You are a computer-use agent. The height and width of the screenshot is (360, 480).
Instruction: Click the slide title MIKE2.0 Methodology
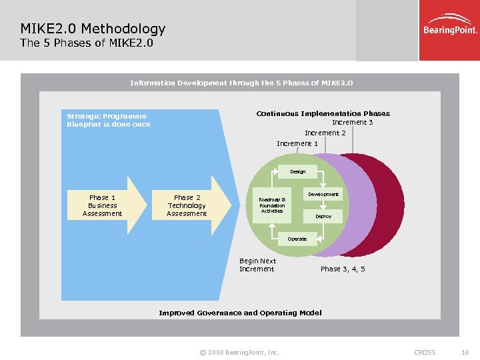point(93,29)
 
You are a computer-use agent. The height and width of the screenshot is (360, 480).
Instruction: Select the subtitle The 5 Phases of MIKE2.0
point(87,43)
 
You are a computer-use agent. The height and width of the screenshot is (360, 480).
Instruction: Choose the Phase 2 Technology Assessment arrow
point(189,206)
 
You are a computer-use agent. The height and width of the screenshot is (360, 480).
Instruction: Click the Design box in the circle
point(297,172)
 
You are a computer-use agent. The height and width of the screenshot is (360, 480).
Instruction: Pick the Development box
point(323,194)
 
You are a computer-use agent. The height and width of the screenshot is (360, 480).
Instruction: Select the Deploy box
point(323,217)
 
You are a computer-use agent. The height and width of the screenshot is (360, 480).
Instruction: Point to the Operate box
point(297,239)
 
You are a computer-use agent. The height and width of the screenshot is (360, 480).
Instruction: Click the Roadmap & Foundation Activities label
point(272,205)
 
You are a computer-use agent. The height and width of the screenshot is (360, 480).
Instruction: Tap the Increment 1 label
point(297,143)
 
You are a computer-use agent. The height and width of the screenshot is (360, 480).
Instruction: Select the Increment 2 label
point(325,133)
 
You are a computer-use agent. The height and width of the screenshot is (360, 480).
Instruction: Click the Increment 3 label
point(352,122)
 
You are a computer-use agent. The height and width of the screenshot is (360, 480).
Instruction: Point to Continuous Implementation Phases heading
point(323,113)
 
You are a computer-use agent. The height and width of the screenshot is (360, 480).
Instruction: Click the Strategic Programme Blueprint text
point(109,120)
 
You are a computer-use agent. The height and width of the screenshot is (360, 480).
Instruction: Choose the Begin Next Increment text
point(257,265)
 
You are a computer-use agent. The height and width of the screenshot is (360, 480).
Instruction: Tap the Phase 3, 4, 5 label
point(343,269)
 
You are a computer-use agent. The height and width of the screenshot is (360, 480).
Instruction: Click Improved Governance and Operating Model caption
point(240,313)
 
